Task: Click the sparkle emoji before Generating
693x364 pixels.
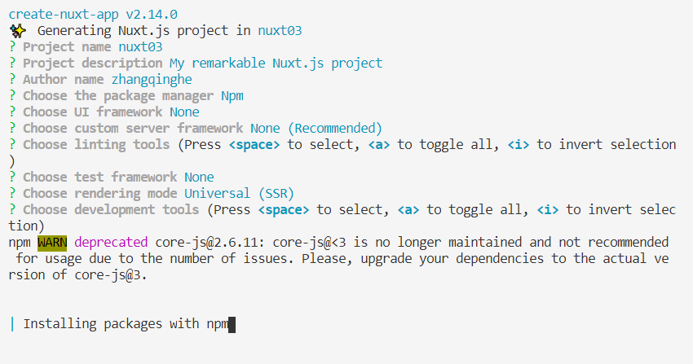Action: (16, 31)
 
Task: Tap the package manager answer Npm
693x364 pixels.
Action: (232, 95)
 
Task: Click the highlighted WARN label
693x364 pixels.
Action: (52, 242)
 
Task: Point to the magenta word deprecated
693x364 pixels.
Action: (111, 242)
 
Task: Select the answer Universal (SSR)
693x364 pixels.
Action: (239, 193)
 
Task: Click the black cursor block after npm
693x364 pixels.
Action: (232, 324)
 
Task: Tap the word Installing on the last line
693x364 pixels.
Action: (60, 323)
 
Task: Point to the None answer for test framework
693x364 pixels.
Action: (199, 177)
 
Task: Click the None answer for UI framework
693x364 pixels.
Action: (184, 112)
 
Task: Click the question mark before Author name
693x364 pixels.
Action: (12, 79)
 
